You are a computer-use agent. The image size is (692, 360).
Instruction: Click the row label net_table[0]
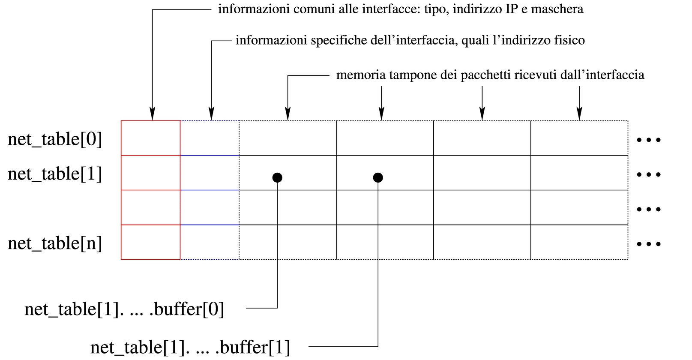[55, 139]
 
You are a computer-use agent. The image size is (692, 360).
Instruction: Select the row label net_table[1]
[55, 174]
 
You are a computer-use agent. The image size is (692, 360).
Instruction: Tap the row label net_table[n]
[55, 243]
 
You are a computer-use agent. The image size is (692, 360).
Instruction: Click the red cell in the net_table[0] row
[150, 138]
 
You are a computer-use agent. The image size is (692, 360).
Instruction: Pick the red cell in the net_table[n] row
[150, 242]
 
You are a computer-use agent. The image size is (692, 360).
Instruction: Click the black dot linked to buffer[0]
[277, 177]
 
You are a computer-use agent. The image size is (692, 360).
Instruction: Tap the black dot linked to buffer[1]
[378, 177]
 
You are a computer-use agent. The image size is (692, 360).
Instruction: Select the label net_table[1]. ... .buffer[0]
[124, 309]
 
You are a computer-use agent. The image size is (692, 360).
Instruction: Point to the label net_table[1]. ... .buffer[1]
[190, 347]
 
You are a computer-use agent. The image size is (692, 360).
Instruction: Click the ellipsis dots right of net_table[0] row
[649, 140]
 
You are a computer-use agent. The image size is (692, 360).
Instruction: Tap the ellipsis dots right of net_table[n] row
[649, 244]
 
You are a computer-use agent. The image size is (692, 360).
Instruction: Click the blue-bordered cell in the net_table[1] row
[210, 173]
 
